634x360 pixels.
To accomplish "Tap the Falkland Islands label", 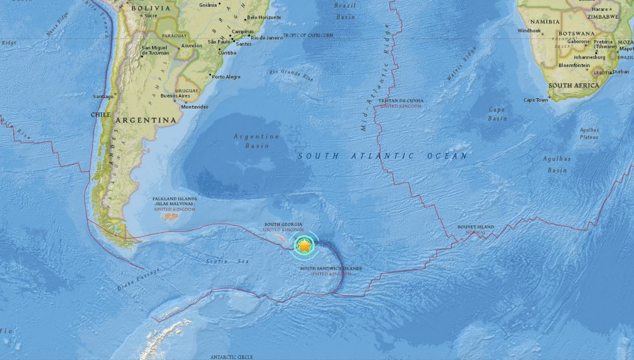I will coord(174,199).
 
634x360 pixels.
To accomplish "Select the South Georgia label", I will coord(283,224).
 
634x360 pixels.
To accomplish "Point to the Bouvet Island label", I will coord(476,227).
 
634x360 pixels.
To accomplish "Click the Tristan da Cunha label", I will coord(400,101).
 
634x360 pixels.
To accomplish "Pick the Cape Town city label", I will coord(535,100).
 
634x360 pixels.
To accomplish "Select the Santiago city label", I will coord(103,97).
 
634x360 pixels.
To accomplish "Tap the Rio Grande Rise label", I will coord(291,74).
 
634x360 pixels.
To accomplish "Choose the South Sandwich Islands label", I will coord(331,269).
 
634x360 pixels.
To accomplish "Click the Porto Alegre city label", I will coord(226,77).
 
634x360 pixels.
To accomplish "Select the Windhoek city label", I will coord(529,31).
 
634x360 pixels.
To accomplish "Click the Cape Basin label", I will coord(497,114).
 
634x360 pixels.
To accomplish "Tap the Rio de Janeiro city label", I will coord(267,38).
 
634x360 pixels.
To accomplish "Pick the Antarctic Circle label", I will coord(232,357).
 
